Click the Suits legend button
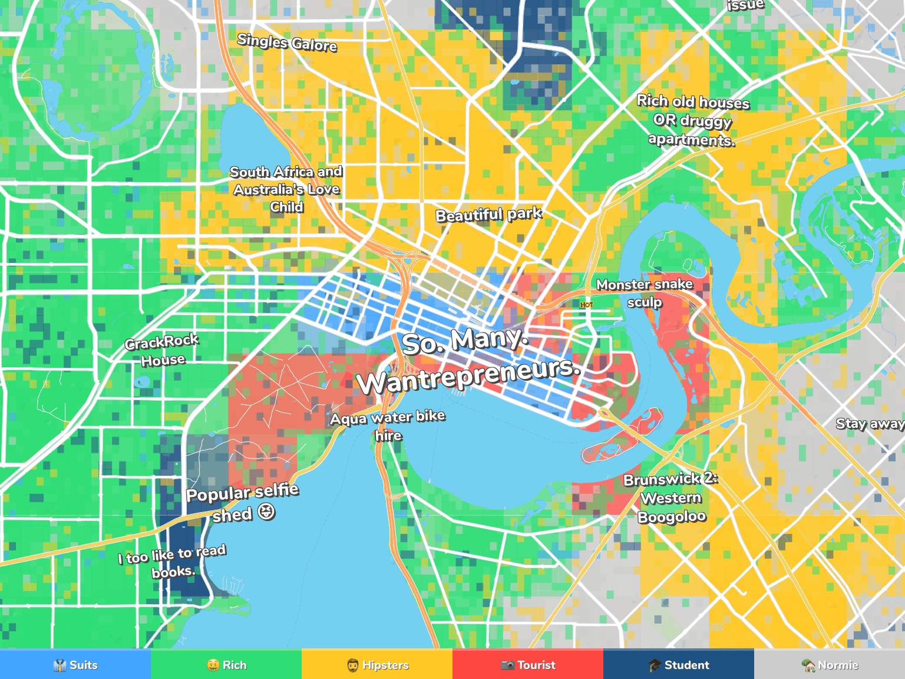pos(75,665)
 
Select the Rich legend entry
pos(226,665)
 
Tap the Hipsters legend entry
pos(377,665)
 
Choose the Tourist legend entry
pos(528,665)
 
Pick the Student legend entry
pos(679,665)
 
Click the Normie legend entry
pos(830,665)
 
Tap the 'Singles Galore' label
pos(287,42)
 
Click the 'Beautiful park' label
pos(488,215)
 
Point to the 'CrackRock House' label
pos(162,351)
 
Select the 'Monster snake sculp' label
pos(645,293)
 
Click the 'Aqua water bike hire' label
pos(388,426)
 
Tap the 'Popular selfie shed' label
pos(242,503)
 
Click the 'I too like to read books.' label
pos(172,562)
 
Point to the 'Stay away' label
pos(870,424)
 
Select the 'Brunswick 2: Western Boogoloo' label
pos(671,498)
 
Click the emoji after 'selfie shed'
pos(266,512)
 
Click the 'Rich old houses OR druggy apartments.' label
pos(692,120)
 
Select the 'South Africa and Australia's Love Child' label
pos(286,189)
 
